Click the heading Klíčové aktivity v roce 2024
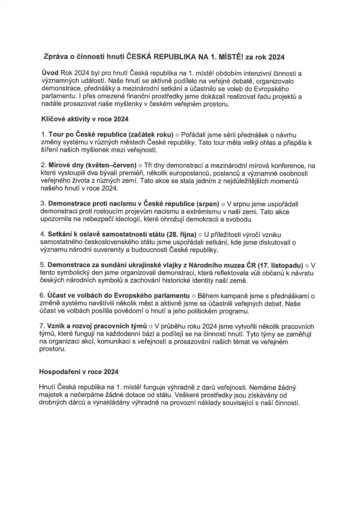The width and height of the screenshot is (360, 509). (x=84, y=119)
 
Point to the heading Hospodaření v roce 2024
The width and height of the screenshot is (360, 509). (x=79, y=372)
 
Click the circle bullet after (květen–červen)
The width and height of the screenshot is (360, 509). (x=140, y=166)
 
